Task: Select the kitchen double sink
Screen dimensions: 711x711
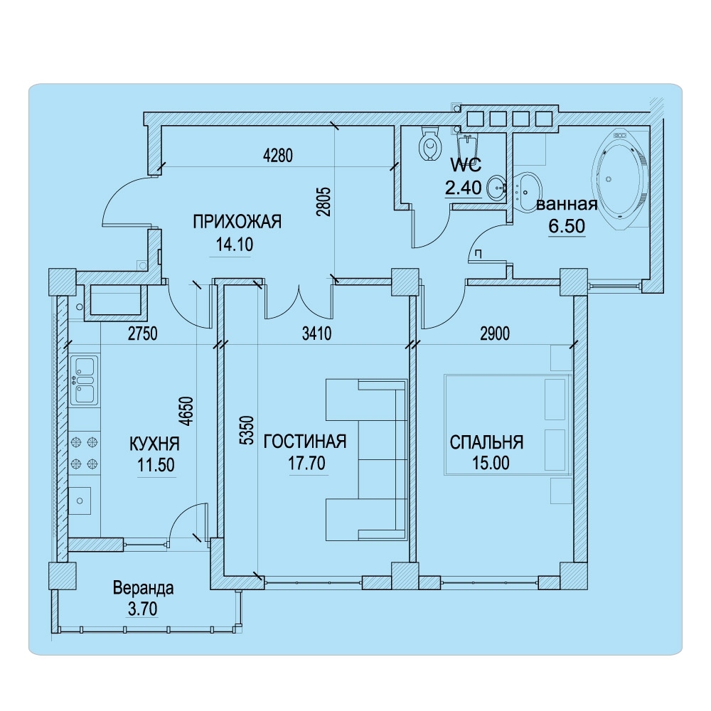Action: tap(85, 380)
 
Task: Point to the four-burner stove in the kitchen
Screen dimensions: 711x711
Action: tap(85, 452)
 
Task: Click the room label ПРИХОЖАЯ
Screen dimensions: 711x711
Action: tap(237, 222)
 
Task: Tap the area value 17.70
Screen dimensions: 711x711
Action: tap(307, 463)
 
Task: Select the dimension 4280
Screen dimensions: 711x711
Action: tap(278, 156)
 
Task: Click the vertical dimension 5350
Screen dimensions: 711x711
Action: tap(247, 430)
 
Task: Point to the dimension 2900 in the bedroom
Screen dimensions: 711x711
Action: tap(495, 333)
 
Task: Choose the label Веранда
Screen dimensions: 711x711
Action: tap(144, 588)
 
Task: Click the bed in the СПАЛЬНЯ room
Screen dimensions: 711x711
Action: tap(508, 425)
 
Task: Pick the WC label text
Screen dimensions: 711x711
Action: tap(466, 165)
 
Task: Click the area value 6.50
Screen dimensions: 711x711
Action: tap(567, 226)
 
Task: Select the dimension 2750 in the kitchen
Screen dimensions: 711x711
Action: tap(143, 333)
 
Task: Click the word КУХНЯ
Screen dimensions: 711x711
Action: tap(154, 444)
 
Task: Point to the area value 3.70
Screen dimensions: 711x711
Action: tap(143, 609)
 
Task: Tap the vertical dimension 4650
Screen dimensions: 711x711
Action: tap(186, 411)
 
